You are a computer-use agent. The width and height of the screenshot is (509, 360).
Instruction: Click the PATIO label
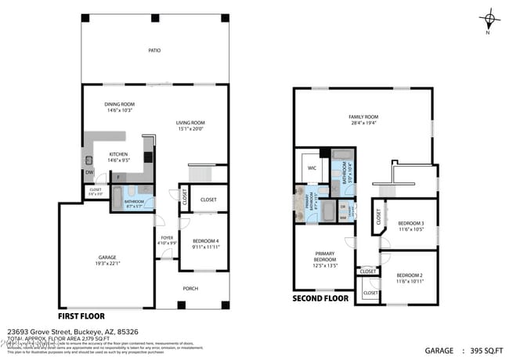[x=155, y=51]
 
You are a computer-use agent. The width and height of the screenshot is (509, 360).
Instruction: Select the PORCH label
[x=190, y=287]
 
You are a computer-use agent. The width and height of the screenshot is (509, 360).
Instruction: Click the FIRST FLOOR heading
[x=102, y=317]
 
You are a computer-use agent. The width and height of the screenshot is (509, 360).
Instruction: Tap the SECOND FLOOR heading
[x=321, y=298]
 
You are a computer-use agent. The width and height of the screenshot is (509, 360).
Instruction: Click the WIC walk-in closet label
[x=312, y=167]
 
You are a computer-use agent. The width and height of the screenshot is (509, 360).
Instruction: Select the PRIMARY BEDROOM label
[x=325, y=257]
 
